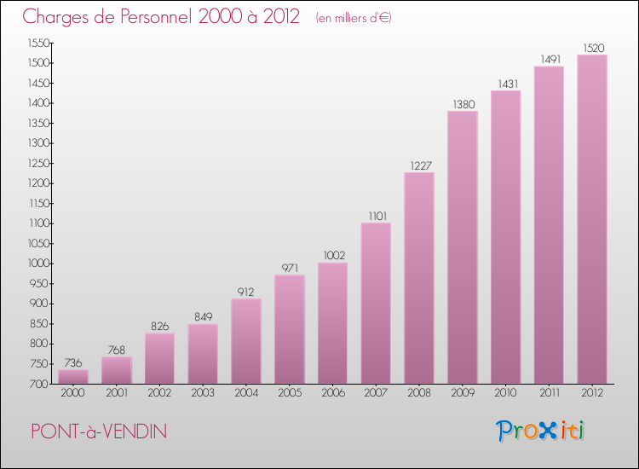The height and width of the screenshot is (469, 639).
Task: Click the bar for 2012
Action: point(592,219)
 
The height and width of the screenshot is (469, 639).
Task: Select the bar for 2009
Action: point(462,247)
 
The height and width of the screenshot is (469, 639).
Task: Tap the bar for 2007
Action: point(376,304)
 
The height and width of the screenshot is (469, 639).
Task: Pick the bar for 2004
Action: point(245,341)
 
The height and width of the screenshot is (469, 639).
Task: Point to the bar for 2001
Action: point(116,370)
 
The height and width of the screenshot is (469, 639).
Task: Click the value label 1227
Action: point(419,166)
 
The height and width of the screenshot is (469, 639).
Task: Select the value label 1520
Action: point(592,49)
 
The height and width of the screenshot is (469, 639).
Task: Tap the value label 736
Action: point(72,363)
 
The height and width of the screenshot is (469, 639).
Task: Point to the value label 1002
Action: point(332,256)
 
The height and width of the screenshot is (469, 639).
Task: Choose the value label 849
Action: point(203,317)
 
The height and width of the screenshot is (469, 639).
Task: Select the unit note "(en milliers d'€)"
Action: point(353,17)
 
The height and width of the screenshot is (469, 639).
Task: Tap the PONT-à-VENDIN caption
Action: point(99,431)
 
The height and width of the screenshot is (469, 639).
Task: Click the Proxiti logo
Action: point(540,431)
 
